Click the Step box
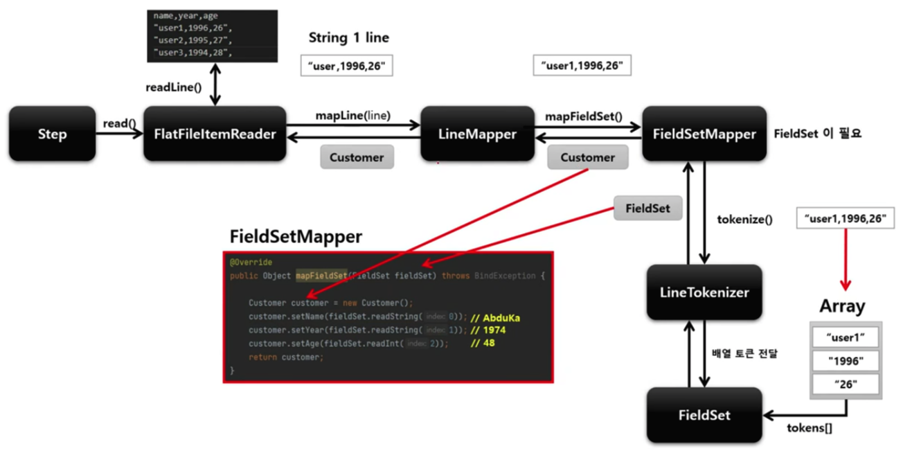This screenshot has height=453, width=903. click(x=52, y=134)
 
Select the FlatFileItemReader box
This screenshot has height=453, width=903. click(x=215, y=134)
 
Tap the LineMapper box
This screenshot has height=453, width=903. click(x=477, y=134)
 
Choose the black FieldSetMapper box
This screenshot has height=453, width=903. click(x=704, y=134)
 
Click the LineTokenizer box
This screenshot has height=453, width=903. click(x=704, y=292)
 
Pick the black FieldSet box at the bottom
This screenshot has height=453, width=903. click(x=704, y=415)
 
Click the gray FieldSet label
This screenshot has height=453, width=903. click(x=647, y=208)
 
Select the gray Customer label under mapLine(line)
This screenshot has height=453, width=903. click(x=357, y=157)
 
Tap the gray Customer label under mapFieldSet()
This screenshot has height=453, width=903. click(x=587, y=157)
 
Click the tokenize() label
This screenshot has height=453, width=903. click(x=744, y=220)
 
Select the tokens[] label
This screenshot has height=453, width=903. click(x=810, y=427)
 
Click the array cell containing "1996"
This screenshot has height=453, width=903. click(x=846, y=361)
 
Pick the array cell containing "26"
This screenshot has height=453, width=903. click(x=846, y=384)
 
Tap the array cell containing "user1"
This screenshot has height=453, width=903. click(x=846, y=337)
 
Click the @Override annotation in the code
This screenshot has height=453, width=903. click(x=251, y=263)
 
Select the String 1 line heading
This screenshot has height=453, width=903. click(x=348, y=37)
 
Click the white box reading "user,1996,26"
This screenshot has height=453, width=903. click(x=348, y=66)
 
